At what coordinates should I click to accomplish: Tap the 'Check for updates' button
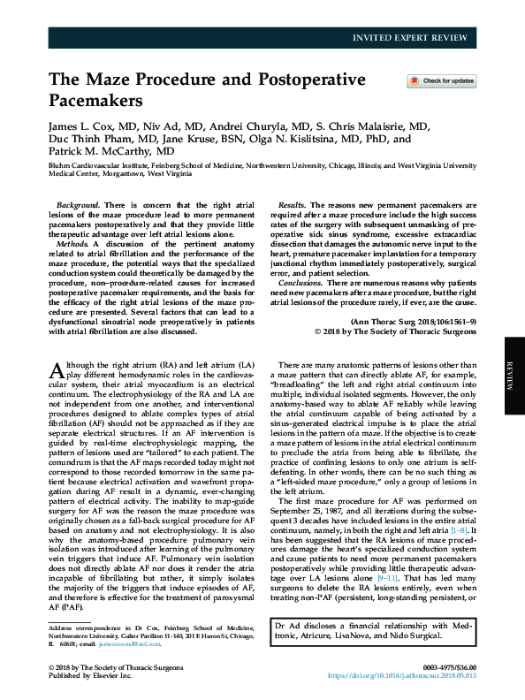pos(441,81)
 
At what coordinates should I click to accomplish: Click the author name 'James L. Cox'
pos(82,126)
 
